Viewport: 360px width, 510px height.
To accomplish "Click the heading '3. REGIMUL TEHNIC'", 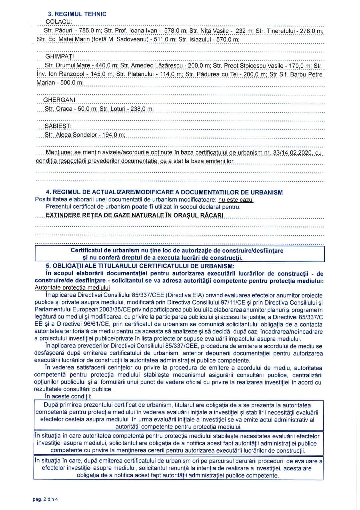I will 77,14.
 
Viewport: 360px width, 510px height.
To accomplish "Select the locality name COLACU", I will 58,22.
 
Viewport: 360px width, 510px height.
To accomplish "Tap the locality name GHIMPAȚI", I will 59,56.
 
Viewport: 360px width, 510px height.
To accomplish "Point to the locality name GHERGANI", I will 59,100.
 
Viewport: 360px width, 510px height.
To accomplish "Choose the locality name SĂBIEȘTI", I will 58,126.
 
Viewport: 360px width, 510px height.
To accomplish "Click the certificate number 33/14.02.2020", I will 292,153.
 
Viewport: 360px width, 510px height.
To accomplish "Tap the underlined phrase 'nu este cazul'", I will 236,200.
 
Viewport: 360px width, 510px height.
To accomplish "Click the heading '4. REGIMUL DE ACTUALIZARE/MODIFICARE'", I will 164,192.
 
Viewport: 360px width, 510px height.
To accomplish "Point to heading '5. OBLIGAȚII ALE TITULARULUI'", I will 140,266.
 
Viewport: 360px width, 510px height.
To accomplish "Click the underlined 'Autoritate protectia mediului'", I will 72,287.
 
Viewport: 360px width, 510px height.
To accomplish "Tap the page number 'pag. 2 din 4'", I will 45,499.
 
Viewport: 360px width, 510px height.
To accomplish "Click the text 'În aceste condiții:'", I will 68,396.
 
